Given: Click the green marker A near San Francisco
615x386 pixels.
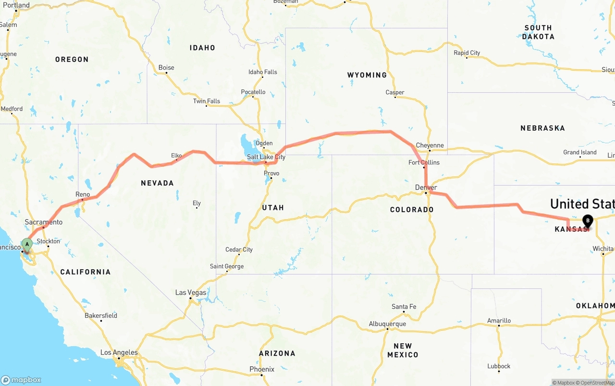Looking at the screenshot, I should click(27, 244).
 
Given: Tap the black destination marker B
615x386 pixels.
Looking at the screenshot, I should click(587, 221).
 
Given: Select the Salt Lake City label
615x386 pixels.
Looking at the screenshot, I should click(266, 157).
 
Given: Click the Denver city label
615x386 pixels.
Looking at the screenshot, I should click(426, 187).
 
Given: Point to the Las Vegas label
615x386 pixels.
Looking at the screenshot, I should click(191, 292).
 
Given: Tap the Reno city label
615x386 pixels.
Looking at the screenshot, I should click(83, 194).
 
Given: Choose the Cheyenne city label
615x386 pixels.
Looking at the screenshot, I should click(430, 146).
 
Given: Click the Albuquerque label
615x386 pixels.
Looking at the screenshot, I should click(387, 324).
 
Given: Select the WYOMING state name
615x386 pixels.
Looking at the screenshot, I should click(367, 75).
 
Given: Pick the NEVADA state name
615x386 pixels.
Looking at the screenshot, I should click(157, 183).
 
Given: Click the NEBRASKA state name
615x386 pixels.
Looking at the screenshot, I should click(542, 128).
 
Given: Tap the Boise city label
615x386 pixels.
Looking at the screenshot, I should click(166, 68).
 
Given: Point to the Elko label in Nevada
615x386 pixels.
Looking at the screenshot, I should click(177, 155).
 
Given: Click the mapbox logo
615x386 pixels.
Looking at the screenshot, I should click(21, 380).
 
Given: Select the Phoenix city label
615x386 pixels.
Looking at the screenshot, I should click(262, 369).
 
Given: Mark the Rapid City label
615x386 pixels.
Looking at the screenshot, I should click(467, 53).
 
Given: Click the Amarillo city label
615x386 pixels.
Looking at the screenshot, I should click(499, 321).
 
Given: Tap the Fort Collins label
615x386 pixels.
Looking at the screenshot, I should click(424, 162).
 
